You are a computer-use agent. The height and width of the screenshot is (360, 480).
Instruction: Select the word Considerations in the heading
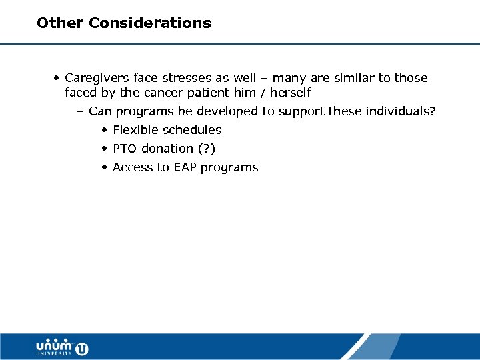coord(150,23)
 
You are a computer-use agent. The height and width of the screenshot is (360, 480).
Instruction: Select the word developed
coord(225,111)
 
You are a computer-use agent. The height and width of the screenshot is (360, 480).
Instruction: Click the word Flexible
coord(135,130)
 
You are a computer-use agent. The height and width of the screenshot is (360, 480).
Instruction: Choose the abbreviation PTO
coord(125,149)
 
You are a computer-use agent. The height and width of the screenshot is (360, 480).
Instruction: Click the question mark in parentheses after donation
coord(208,149)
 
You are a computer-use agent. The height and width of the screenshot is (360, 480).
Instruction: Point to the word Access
coord(133,167)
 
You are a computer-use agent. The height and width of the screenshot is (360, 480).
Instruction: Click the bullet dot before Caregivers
coord(57,78)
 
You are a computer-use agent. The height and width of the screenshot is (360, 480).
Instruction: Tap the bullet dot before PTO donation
coord(105,149)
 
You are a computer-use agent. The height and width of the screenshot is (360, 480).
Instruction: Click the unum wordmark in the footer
coord(54,345)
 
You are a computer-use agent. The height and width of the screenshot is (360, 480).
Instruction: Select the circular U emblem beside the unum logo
coord(81,347)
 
